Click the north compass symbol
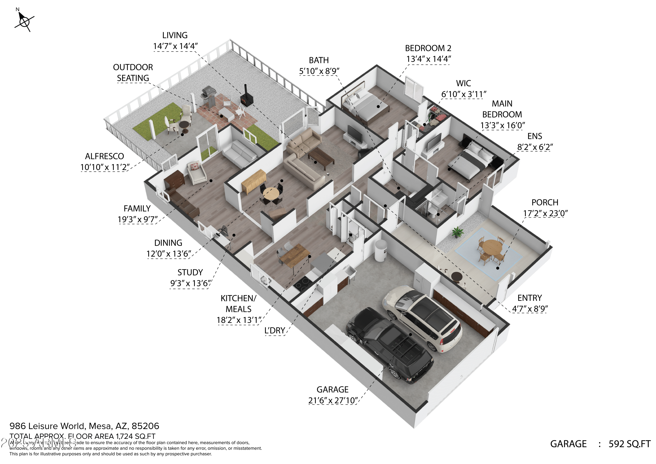[24, 21]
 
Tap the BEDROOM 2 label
[428, 48]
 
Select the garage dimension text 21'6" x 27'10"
[333, 401]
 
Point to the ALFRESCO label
[104, 156]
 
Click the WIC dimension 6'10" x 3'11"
[463, 94]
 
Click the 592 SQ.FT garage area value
[629, 444]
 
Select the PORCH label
[544, 202]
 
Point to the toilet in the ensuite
[433, 211]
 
